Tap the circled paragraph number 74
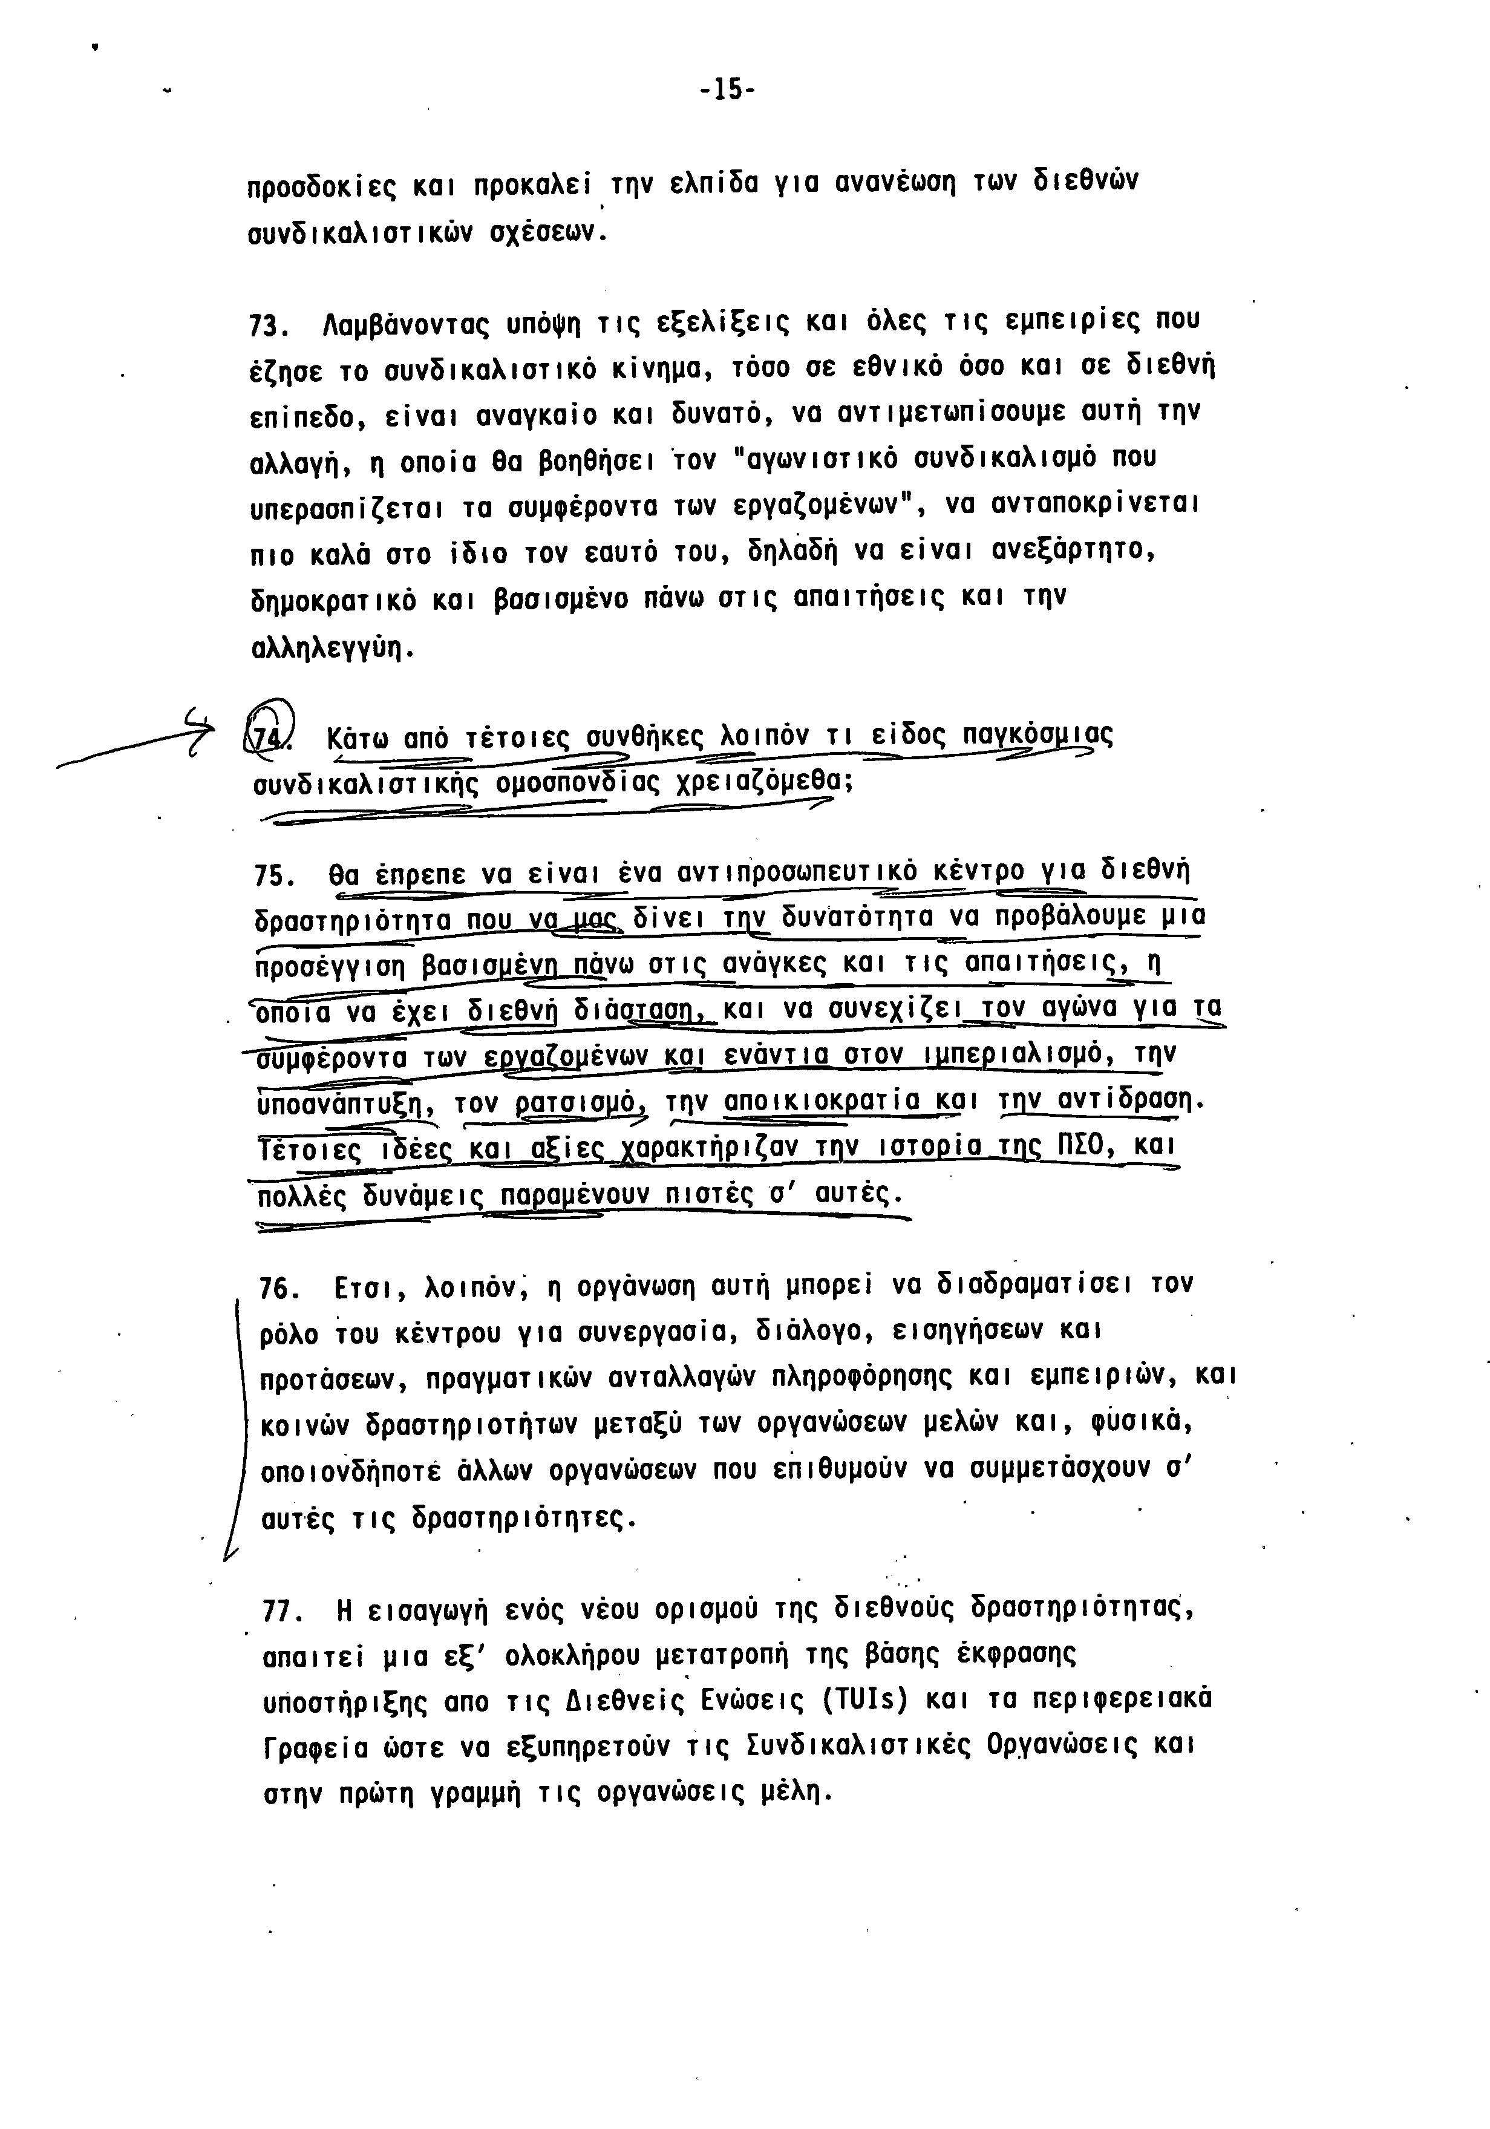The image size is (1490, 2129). coord(272,734)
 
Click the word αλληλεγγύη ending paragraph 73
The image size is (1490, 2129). coord(330,648)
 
